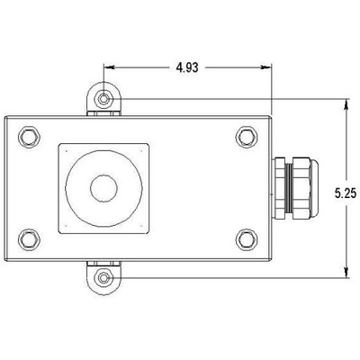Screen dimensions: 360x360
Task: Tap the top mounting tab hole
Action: click(106, 96)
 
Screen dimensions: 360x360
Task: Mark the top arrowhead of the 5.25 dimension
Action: click(346, 102)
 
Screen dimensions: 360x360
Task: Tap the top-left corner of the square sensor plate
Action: click(58, 144)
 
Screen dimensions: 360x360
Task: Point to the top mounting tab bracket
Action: click(106, 102)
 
